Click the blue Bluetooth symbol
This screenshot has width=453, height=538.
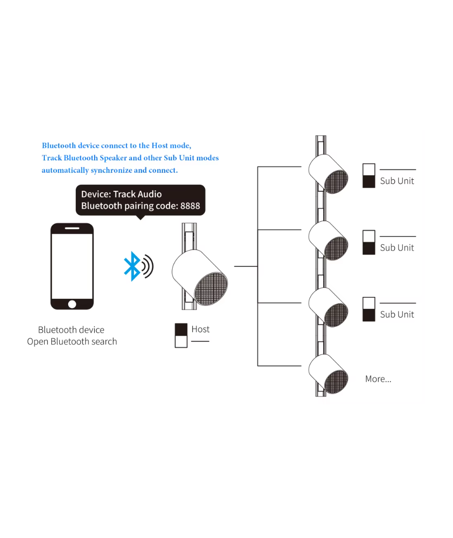point(131,266)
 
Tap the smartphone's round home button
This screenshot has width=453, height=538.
point(72,304)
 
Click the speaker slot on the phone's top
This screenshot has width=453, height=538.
point(72,229)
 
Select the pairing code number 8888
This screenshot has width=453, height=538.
point(190,206)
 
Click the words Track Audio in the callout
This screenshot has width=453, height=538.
point(137,194)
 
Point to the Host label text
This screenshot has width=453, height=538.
point(201,329)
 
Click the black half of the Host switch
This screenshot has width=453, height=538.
point(181,329)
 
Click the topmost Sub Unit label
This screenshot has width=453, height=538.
point(397,181)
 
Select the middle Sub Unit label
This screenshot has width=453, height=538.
point(397,248)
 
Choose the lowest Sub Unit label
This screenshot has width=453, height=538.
point(397,314)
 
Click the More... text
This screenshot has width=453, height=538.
point(378,379)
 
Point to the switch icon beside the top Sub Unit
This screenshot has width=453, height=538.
point(369,175)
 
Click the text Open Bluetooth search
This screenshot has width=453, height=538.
point(72,342)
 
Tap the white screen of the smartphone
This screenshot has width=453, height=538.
point(72,266)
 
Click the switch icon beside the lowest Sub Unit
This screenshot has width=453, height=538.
point(369,309)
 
